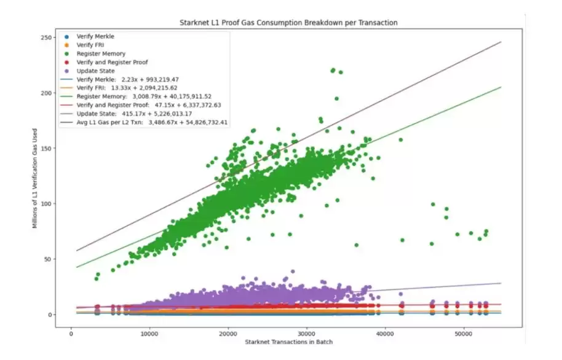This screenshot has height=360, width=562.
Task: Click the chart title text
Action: pos(288,23)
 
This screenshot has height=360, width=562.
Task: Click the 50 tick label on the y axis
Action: pos(52,259)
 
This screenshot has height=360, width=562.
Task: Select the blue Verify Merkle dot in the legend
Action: pos(67,36)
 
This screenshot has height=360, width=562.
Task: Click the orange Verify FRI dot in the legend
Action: pos(67,45)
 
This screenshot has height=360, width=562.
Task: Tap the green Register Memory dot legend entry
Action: pos(67,53)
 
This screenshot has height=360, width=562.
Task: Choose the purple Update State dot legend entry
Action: pos(67,71)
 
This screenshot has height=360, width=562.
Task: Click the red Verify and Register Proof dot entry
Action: pos(67,62)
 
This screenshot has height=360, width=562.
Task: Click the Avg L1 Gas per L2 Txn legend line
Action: pos(67,122)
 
